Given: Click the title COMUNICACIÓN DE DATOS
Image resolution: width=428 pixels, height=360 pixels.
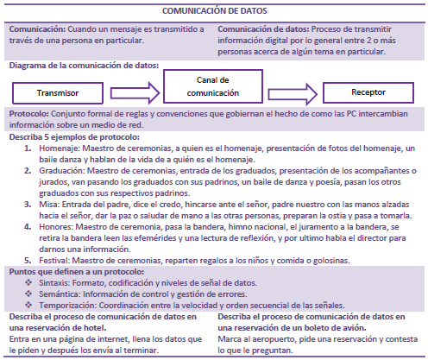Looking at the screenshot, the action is point(214,12).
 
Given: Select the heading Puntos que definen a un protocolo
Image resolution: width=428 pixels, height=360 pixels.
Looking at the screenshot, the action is point(76,272).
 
